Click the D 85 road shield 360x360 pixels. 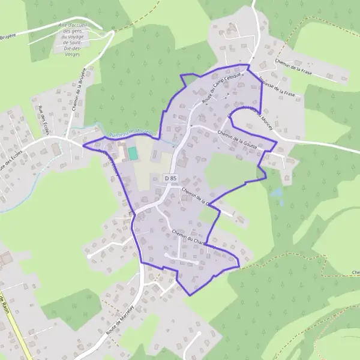(171, 178)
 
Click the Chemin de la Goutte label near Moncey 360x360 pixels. (238, 139)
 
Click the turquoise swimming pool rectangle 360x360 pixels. (133, 153)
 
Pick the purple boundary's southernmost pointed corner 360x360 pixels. (190, 295)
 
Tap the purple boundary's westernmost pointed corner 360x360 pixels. (82, 145)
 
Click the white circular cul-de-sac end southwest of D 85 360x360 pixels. (89, 256)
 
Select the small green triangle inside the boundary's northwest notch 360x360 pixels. (188, 80)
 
